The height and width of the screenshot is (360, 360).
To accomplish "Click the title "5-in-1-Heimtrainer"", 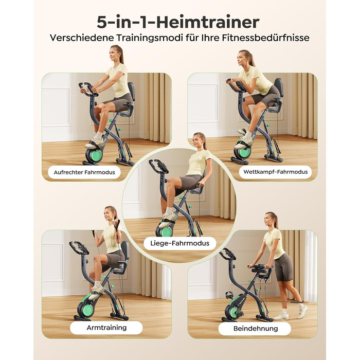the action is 178,22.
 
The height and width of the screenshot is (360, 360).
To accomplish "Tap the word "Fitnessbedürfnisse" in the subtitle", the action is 266,38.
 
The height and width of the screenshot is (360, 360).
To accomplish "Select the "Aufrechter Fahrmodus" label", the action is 84,172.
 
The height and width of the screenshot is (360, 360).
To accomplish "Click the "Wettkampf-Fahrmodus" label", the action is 276,172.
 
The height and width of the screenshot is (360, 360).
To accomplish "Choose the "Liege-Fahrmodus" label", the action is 180,243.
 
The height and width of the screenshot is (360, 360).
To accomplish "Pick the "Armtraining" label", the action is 106,328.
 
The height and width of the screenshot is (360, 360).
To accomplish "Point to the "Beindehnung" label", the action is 255,328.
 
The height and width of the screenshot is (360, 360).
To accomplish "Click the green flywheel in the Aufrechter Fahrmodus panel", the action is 96,156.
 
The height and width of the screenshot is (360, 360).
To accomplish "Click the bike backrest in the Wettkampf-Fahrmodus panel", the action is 279,88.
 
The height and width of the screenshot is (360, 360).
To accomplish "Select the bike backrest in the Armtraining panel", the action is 125,250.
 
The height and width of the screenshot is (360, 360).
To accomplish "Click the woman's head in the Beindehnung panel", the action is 271,220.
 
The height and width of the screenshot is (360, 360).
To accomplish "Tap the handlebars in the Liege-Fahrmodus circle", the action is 158,166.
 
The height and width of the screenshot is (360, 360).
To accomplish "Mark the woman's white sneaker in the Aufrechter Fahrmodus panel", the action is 95,143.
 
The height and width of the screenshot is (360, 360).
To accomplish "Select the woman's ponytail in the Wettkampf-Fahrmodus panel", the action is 251,59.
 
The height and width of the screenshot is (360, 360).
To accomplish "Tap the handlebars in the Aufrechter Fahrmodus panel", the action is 88,88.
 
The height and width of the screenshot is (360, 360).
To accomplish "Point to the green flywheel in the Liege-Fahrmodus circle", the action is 167,232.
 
